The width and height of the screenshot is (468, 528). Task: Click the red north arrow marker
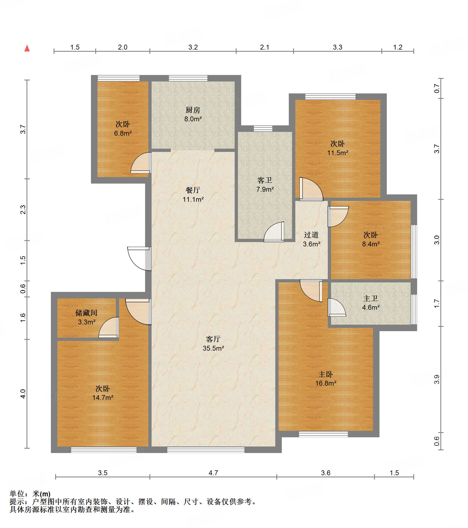[x=27, y=48]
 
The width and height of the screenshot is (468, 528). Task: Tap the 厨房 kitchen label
[x=193, y=110]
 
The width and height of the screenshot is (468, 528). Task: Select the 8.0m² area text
[x=193, y=119]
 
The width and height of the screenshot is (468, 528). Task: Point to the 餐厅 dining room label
[x=193, y=190]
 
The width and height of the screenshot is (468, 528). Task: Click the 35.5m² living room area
[x=213, y=348]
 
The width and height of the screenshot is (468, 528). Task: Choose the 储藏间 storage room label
[x=86, y=313]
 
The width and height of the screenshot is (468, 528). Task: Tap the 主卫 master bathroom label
[x=371, y=298]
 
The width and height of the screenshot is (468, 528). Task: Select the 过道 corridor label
[x=311, y=235]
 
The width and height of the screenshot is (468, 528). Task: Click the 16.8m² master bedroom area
[x=326, y=383]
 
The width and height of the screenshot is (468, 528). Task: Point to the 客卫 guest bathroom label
[x=265, y=180]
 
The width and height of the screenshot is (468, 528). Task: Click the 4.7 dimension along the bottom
[x=213, y=473]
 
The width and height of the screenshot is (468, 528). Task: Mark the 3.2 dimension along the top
[x=193, y=47]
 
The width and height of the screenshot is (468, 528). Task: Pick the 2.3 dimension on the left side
[x=23, y=210]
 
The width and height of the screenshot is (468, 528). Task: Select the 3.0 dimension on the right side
[x=437, y=240]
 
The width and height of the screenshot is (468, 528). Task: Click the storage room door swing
[x=109, y=327]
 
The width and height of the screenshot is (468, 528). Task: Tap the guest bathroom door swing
[x=274, y=232]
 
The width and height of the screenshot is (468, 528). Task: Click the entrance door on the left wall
[x=139, y=259]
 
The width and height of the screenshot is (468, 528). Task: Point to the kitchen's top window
[x=188, y=78]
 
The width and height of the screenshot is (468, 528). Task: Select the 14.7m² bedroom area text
[x=103, y=397]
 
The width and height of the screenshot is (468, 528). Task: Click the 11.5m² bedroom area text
[x=338, y=153]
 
